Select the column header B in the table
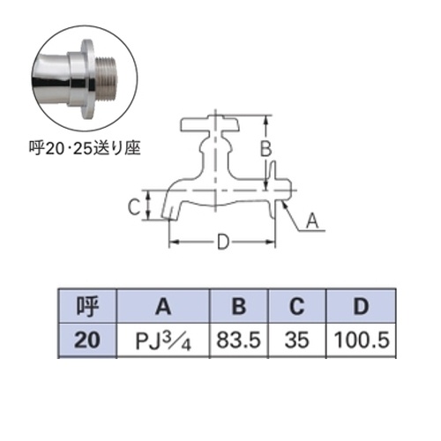[x=236, y=307]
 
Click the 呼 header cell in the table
[x=86, y=307]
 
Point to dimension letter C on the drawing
[x=132, y=208]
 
